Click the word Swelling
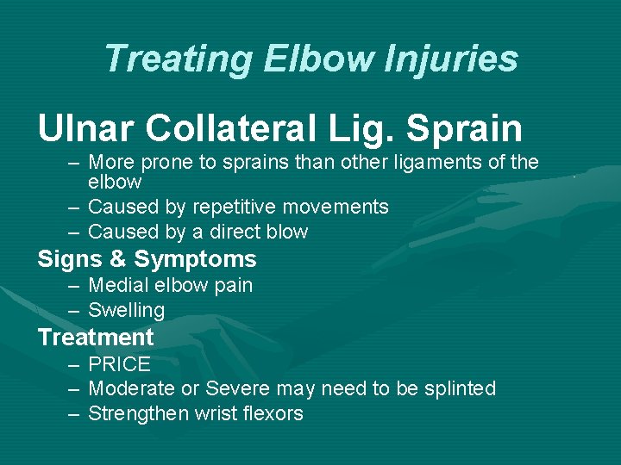tap(126, 310)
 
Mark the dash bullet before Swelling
tap(74, 310)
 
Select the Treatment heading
tap(95, 338)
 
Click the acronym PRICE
tap(119, 364)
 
